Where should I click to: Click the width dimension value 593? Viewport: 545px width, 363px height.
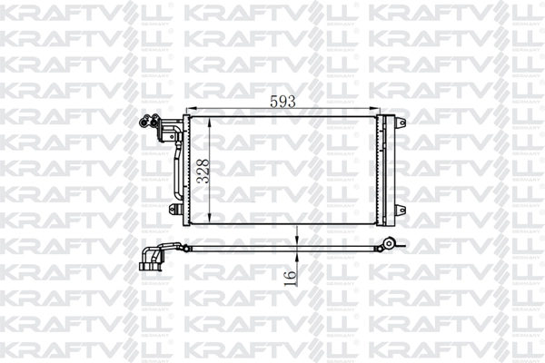coord(284,103)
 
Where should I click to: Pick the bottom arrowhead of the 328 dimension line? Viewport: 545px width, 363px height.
coord(212,221)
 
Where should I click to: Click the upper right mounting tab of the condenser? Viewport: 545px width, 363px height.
coord(401,122)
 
